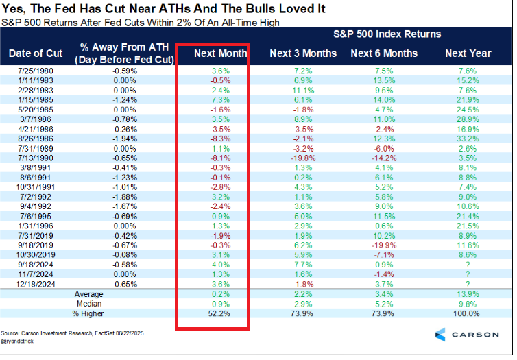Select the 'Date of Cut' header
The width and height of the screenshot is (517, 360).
[x=35, y=53]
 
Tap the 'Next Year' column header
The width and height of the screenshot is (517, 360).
[x=468, y=53]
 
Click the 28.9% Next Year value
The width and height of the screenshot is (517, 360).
[x=469, y=119]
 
